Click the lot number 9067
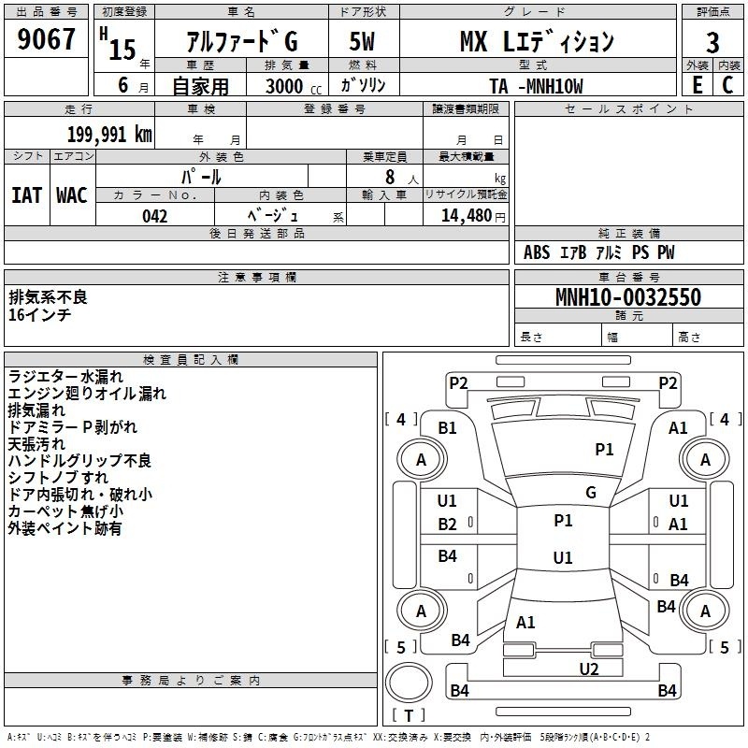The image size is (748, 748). tap(46, 39)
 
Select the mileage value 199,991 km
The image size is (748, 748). tap(109, 135)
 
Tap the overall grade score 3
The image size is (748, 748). tap(712, 43)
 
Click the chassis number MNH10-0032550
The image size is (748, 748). tap(628, 296)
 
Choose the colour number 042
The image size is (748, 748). tap(154, 216)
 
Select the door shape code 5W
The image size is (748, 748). tap(362, 41)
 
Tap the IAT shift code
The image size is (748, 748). tap(27, 195)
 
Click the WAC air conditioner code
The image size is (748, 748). tap(72, 195)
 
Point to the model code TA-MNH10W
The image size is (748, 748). tap(536, 86)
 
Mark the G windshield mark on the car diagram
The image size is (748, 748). tap(591, 492)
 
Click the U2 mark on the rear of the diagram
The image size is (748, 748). tap(589, 669)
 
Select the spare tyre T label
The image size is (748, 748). tap(409, 715)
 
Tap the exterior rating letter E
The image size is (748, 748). tap(697, 85)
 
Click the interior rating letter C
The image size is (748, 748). tap(727, 85)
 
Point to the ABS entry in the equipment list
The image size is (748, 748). tap(537, 252)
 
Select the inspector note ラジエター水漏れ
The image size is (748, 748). tap(65, 377)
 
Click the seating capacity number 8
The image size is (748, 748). tap(390, 177)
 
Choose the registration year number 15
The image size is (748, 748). tap(122, 50)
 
